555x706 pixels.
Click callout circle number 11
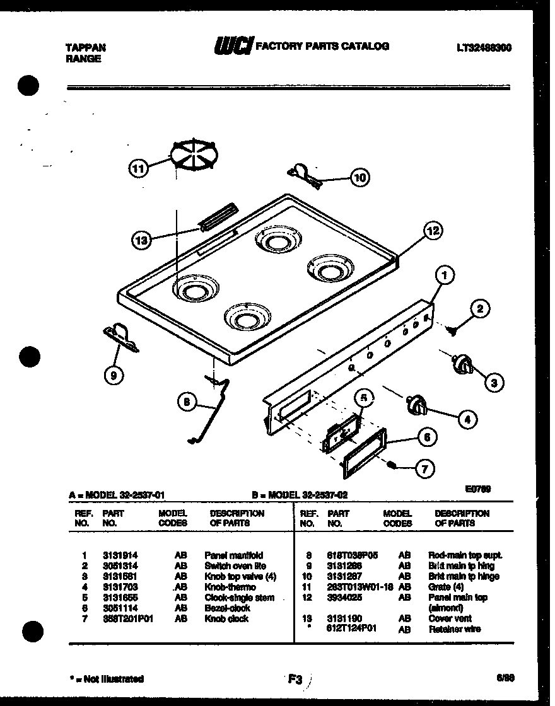pyautogui.click(x=139, y=168)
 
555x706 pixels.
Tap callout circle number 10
pyautogui.click(x=359, y=178)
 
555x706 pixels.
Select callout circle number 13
pyautogui.click(x=143, y=239)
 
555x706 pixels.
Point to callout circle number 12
pyautogui.click(x=433, y=231)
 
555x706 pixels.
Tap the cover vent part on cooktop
pyautogui.click(x=218, y=216)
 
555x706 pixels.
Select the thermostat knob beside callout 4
pyautogui.click(x=416, y=405)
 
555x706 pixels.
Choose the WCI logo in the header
pyautogui.click(x=234, y=47)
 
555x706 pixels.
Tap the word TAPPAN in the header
pyautogui.click(x=86, y=47)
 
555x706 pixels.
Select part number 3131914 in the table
pyautogui.click(x=120, y=555)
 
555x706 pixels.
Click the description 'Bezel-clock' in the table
pyautogui.click(x=227, y=608)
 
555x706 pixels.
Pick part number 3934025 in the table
pyautogui.click(x=345, y=597)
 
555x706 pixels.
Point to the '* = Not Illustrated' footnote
pyautogui.click(x=107, y=679)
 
